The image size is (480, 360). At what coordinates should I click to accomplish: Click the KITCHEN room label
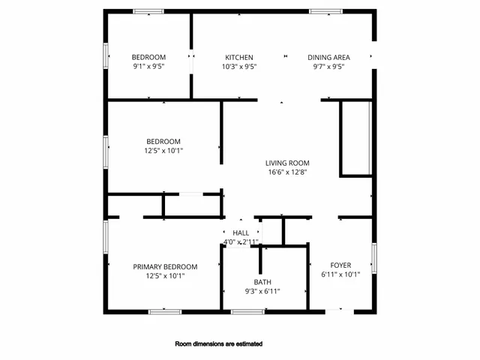tap(239, 57)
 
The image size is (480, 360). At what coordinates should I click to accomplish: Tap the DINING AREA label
tap(328, 57)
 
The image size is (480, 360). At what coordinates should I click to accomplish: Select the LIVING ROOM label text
tap(287, 163)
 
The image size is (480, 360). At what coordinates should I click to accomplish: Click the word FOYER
tap(340, 265)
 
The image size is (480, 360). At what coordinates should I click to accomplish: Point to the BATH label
tap(262, 282)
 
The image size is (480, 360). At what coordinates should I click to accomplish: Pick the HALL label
tap(240, 233)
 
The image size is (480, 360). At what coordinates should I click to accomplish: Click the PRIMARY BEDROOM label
tap(165, 267)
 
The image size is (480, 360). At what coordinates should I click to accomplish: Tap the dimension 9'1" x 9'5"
tap(148, 66)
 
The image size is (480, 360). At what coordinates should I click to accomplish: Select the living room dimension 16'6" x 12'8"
tap(287, 172)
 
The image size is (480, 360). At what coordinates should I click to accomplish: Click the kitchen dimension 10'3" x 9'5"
tap(239, 66)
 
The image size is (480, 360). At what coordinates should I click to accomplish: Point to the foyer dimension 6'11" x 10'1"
tap(340, 274)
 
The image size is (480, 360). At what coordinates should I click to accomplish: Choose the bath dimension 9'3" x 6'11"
tap(262, 291)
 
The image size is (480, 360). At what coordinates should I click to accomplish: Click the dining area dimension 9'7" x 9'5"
tap(328, 66)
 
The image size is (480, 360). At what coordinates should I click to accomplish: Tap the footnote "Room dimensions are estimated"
tap(218, 344)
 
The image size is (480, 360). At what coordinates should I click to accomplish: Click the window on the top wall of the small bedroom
tap(148, 11)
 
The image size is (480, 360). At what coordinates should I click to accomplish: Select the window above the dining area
tap(325, 11)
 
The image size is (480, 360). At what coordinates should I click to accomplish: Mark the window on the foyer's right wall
tap(373, 258)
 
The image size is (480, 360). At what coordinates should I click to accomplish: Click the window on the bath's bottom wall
tap(247, 311)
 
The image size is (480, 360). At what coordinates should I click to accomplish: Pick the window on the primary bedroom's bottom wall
tap(165, 311)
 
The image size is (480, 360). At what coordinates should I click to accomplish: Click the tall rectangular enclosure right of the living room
tap(356, 139)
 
